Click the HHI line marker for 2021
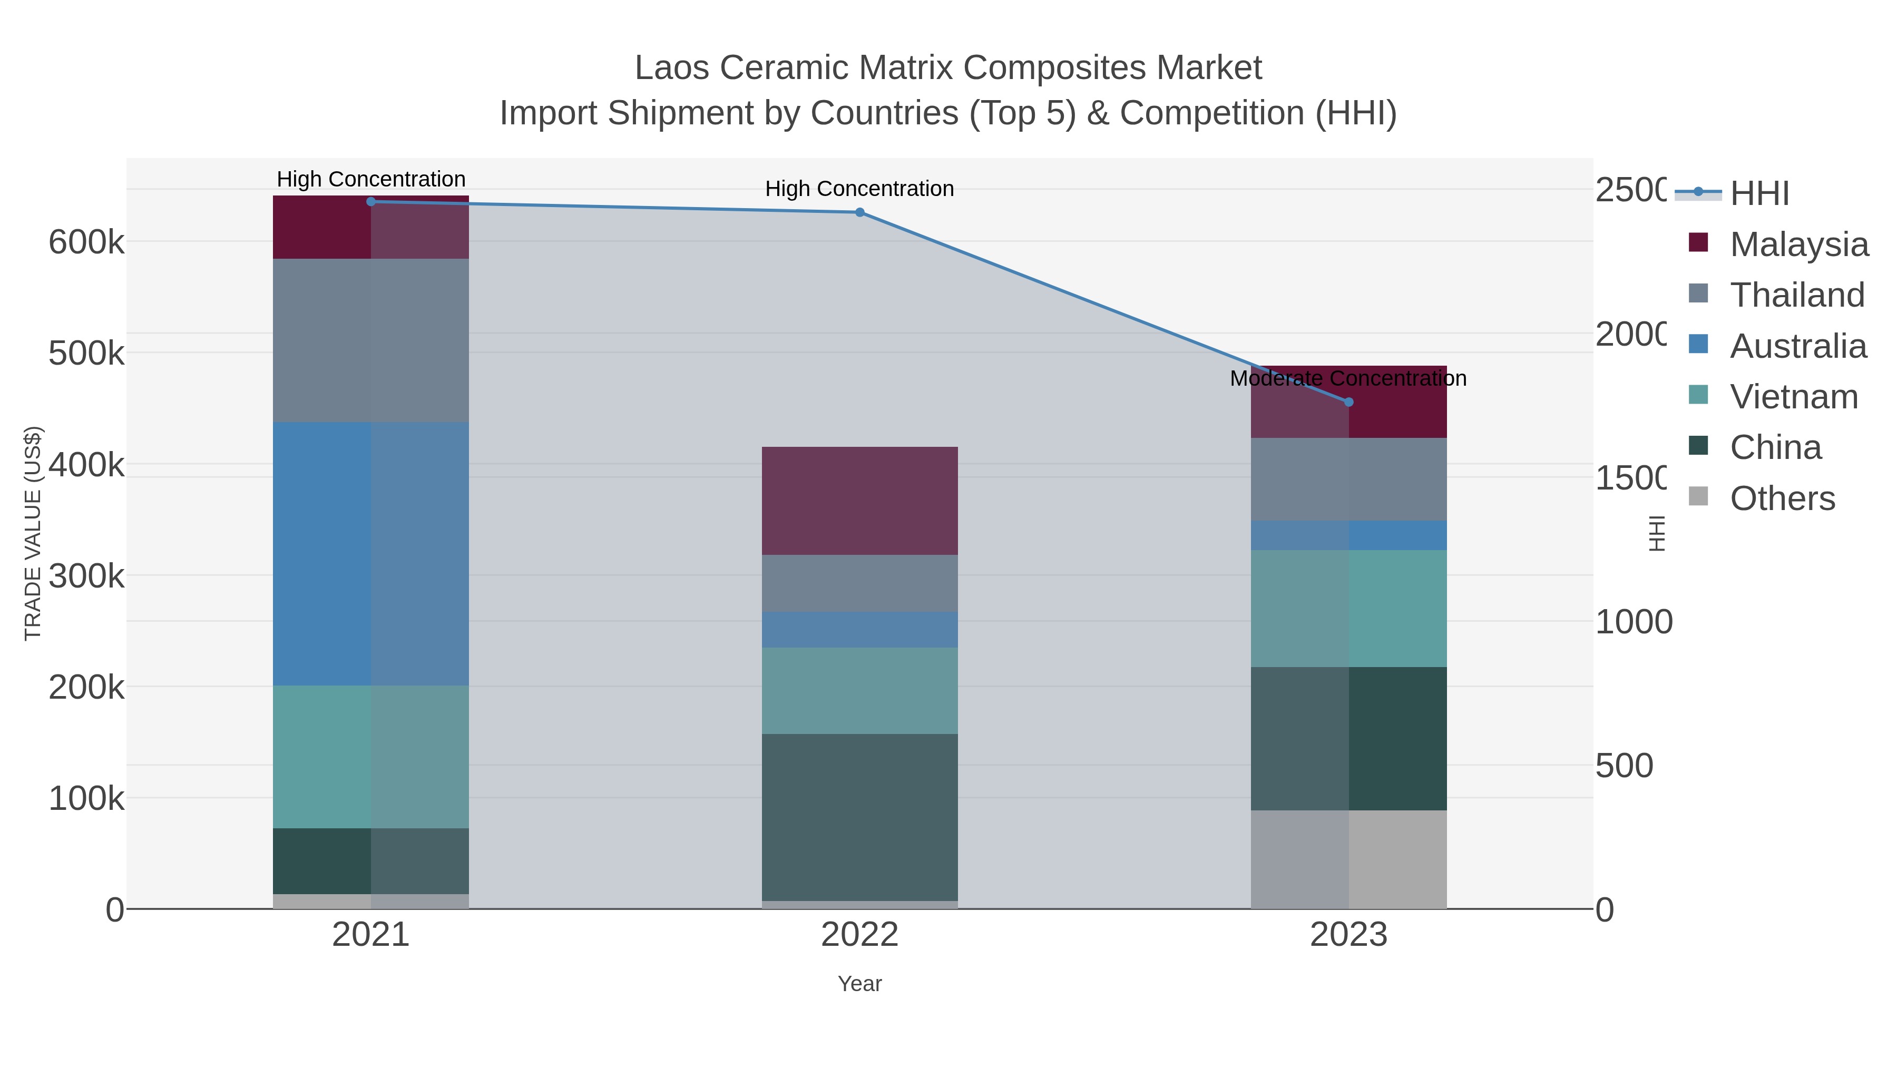[x=371, y=202]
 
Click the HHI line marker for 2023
[x=1348, y=402]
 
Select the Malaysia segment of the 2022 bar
[x=859, y=501]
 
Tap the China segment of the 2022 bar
[x=859, y=817]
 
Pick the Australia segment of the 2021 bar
[x=371, y=554]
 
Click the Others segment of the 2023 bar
[x=1348, y=859]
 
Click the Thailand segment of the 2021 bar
[x=371, y=340]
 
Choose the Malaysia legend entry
[x=1798, y=244]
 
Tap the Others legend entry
[x=1782, y=498]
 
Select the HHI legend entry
[x=1759, y=194]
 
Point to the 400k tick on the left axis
[x=86, y=465]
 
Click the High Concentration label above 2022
[x=859, y=189]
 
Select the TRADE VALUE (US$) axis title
[x=33, y=533]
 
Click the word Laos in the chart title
[x=671, y=68]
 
